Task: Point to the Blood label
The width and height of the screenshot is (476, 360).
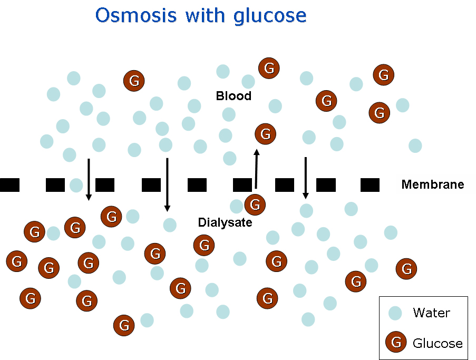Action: (234, 96)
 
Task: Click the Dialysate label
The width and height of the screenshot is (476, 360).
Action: (225, 222)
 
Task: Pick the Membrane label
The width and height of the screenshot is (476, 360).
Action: (432, 184)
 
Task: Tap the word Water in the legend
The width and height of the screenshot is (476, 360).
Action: (432, 313)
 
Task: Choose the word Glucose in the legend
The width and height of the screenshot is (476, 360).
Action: (438, 344)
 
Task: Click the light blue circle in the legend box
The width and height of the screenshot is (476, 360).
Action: (395, 313)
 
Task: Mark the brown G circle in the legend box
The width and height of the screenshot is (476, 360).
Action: (396, 343)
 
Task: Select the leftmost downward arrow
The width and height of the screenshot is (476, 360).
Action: (89, 179)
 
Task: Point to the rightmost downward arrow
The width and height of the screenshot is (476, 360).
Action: (305, 178)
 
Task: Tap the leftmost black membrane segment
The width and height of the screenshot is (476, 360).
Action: (9, 185)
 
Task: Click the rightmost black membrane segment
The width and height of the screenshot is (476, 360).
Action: (370, 185)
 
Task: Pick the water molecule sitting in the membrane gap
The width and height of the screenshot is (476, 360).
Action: (76, 185)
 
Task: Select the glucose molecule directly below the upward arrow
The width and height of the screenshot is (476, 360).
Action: (255, 204)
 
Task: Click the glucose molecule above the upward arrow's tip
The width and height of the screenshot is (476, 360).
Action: (265, 134)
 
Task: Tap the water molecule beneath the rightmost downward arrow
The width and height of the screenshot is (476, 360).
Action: (306, 211)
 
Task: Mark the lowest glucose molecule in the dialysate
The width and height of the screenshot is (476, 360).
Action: (124, 325)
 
